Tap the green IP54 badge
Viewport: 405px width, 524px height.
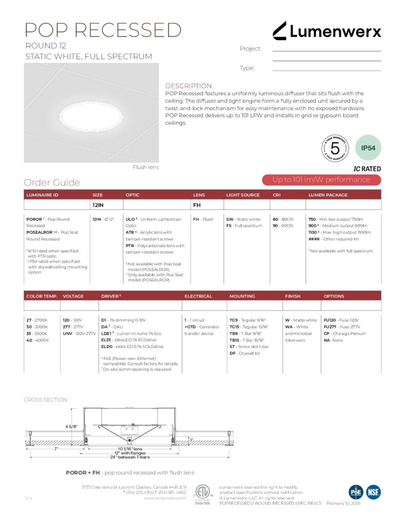368,148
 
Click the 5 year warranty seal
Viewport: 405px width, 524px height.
335,148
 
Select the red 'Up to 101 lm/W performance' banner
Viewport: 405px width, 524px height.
321,180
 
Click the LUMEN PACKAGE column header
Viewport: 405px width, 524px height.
328,195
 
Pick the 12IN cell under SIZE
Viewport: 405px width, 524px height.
98,205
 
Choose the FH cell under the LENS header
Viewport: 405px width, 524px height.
197,205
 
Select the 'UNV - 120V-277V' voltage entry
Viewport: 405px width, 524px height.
78,333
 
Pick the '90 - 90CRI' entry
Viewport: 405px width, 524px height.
283,226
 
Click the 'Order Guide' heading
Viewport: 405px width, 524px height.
52,183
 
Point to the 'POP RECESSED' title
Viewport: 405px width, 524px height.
103,30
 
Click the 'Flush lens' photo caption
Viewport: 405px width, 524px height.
146,167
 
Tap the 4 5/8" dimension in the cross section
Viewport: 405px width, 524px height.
71,426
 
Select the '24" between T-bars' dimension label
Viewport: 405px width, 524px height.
131,457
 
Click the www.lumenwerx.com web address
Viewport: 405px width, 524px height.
168,497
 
